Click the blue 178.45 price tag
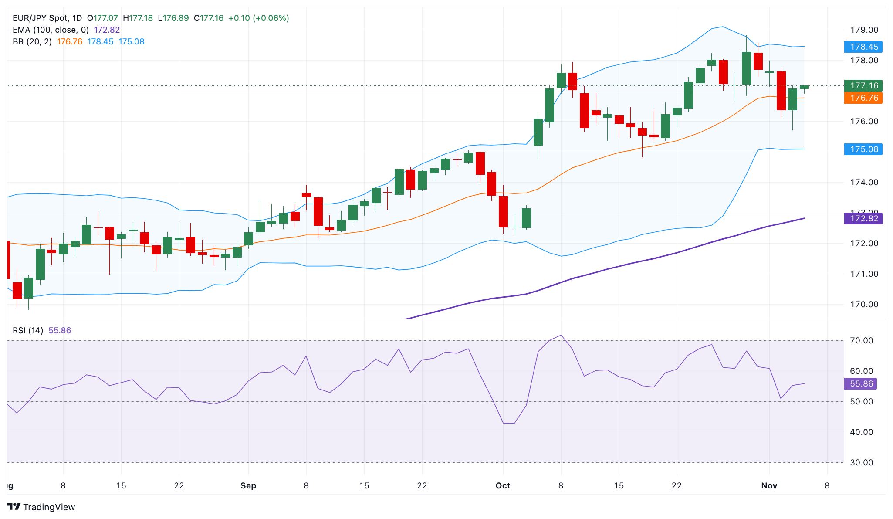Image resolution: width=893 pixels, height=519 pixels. point(863,47)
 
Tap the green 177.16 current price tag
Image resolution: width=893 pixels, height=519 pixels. point(863,85)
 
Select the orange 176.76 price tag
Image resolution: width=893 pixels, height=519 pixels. point(863,98)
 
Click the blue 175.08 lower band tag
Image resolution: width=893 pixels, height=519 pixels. point(863,149)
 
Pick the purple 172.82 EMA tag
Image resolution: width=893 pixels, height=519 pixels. point(863,218)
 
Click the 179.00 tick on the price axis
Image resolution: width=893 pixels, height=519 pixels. point(864,30)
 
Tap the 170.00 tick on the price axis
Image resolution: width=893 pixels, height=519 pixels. point(864,304)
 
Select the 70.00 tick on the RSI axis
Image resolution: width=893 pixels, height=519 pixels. point(861,340)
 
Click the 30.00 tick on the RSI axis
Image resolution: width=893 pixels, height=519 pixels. point(861,462)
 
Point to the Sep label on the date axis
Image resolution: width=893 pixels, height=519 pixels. point(248,485)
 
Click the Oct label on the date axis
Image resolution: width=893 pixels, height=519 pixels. point(503,485)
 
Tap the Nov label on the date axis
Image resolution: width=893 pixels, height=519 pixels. point(769,485)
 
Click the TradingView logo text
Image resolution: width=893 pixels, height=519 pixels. point(48,507)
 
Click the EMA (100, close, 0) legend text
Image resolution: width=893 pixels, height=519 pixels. point(51,30)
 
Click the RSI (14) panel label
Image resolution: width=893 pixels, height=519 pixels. point(28,330)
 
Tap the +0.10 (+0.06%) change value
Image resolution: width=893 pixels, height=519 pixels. point(258,18)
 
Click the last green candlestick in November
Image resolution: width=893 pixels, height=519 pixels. point(804,87)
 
